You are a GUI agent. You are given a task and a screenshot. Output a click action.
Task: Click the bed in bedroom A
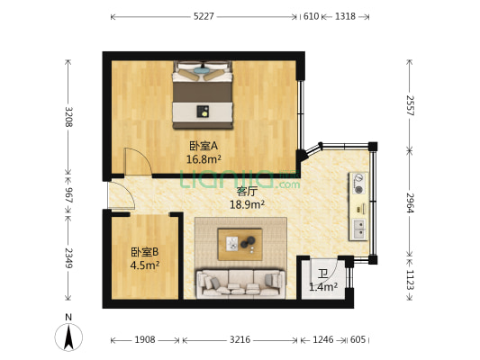(x=203, y=90)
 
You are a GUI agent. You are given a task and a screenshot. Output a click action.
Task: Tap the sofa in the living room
(x=240, y=283)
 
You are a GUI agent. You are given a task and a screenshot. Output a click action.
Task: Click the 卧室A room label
(x=204, y=146)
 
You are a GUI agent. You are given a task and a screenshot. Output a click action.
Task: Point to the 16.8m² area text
(x=204, y=159)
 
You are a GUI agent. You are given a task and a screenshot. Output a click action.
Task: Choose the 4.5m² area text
(x=144, y=265)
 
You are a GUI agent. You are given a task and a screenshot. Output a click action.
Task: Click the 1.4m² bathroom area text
(x=322, y=287)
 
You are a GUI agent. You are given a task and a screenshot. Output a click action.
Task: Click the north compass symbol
(x=69, y=335)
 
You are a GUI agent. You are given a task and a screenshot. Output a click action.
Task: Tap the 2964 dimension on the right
(x=410, y=203)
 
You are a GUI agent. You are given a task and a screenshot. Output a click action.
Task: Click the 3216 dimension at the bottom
(x=240, y=340)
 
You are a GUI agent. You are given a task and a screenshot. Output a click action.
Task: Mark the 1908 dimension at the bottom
(x=145, y=340)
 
